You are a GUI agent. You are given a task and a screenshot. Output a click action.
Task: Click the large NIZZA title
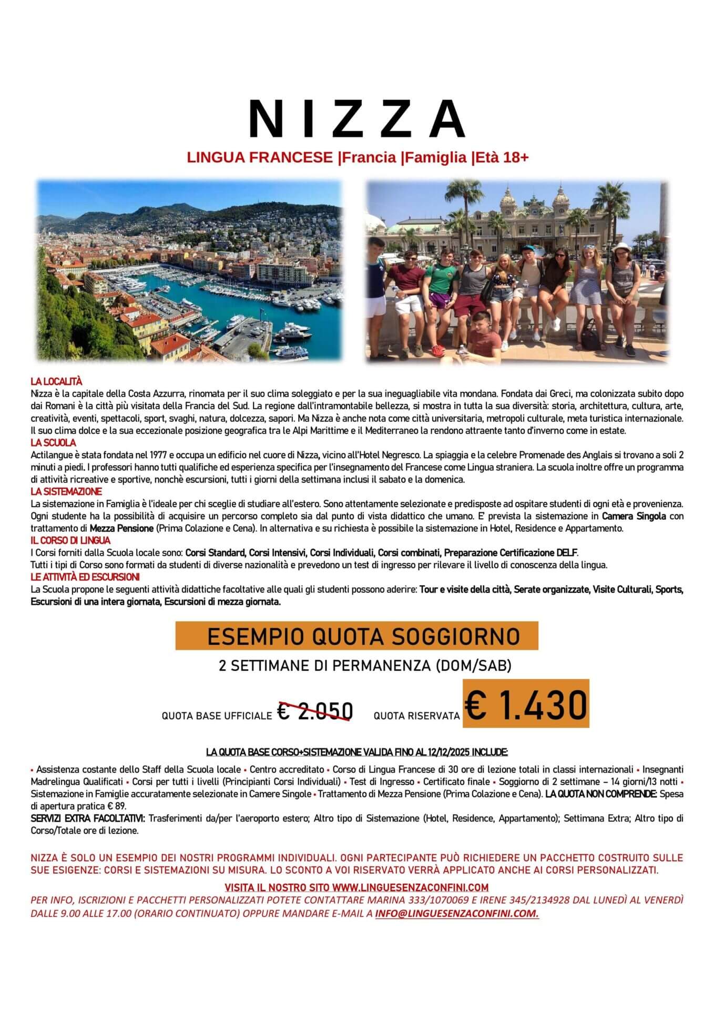coord(357,118)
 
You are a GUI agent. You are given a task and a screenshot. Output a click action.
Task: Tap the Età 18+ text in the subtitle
coord(502,157)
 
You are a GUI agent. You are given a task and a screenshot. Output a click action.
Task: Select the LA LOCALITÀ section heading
coord(56,381)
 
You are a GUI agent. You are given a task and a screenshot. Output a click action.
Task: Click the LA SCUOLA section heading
coord(53,443)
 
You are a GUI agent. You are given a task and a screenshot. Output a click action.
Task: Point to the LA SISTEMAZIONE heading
coord(66,491)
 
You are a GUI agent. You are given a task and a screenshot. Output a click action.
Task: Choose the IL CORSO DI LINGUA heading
coord(70,540)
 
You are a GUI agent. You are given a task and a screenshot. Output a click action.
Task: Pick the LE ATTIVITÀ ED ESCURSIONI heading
coord(85,577)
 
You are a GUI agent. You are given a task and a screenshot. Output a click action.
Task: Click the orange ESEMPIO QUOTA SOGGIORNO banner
coord(357,636)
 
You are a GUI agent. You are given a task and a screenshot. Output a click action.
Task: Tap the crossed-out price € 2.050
coord(315,712)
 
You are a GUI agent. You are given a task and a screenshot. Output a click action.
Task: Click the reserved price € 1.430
coord(525,704)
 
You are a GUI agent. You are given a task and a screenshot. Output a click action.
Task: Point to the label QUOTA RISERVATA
coord(416,716)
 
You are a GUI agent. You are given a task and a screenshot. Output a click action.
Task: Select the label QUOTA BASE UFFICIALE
coord(217,716)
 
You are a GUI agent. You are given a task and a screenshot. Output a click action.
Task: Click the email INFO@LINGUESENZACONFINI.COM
coord(456,914)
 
